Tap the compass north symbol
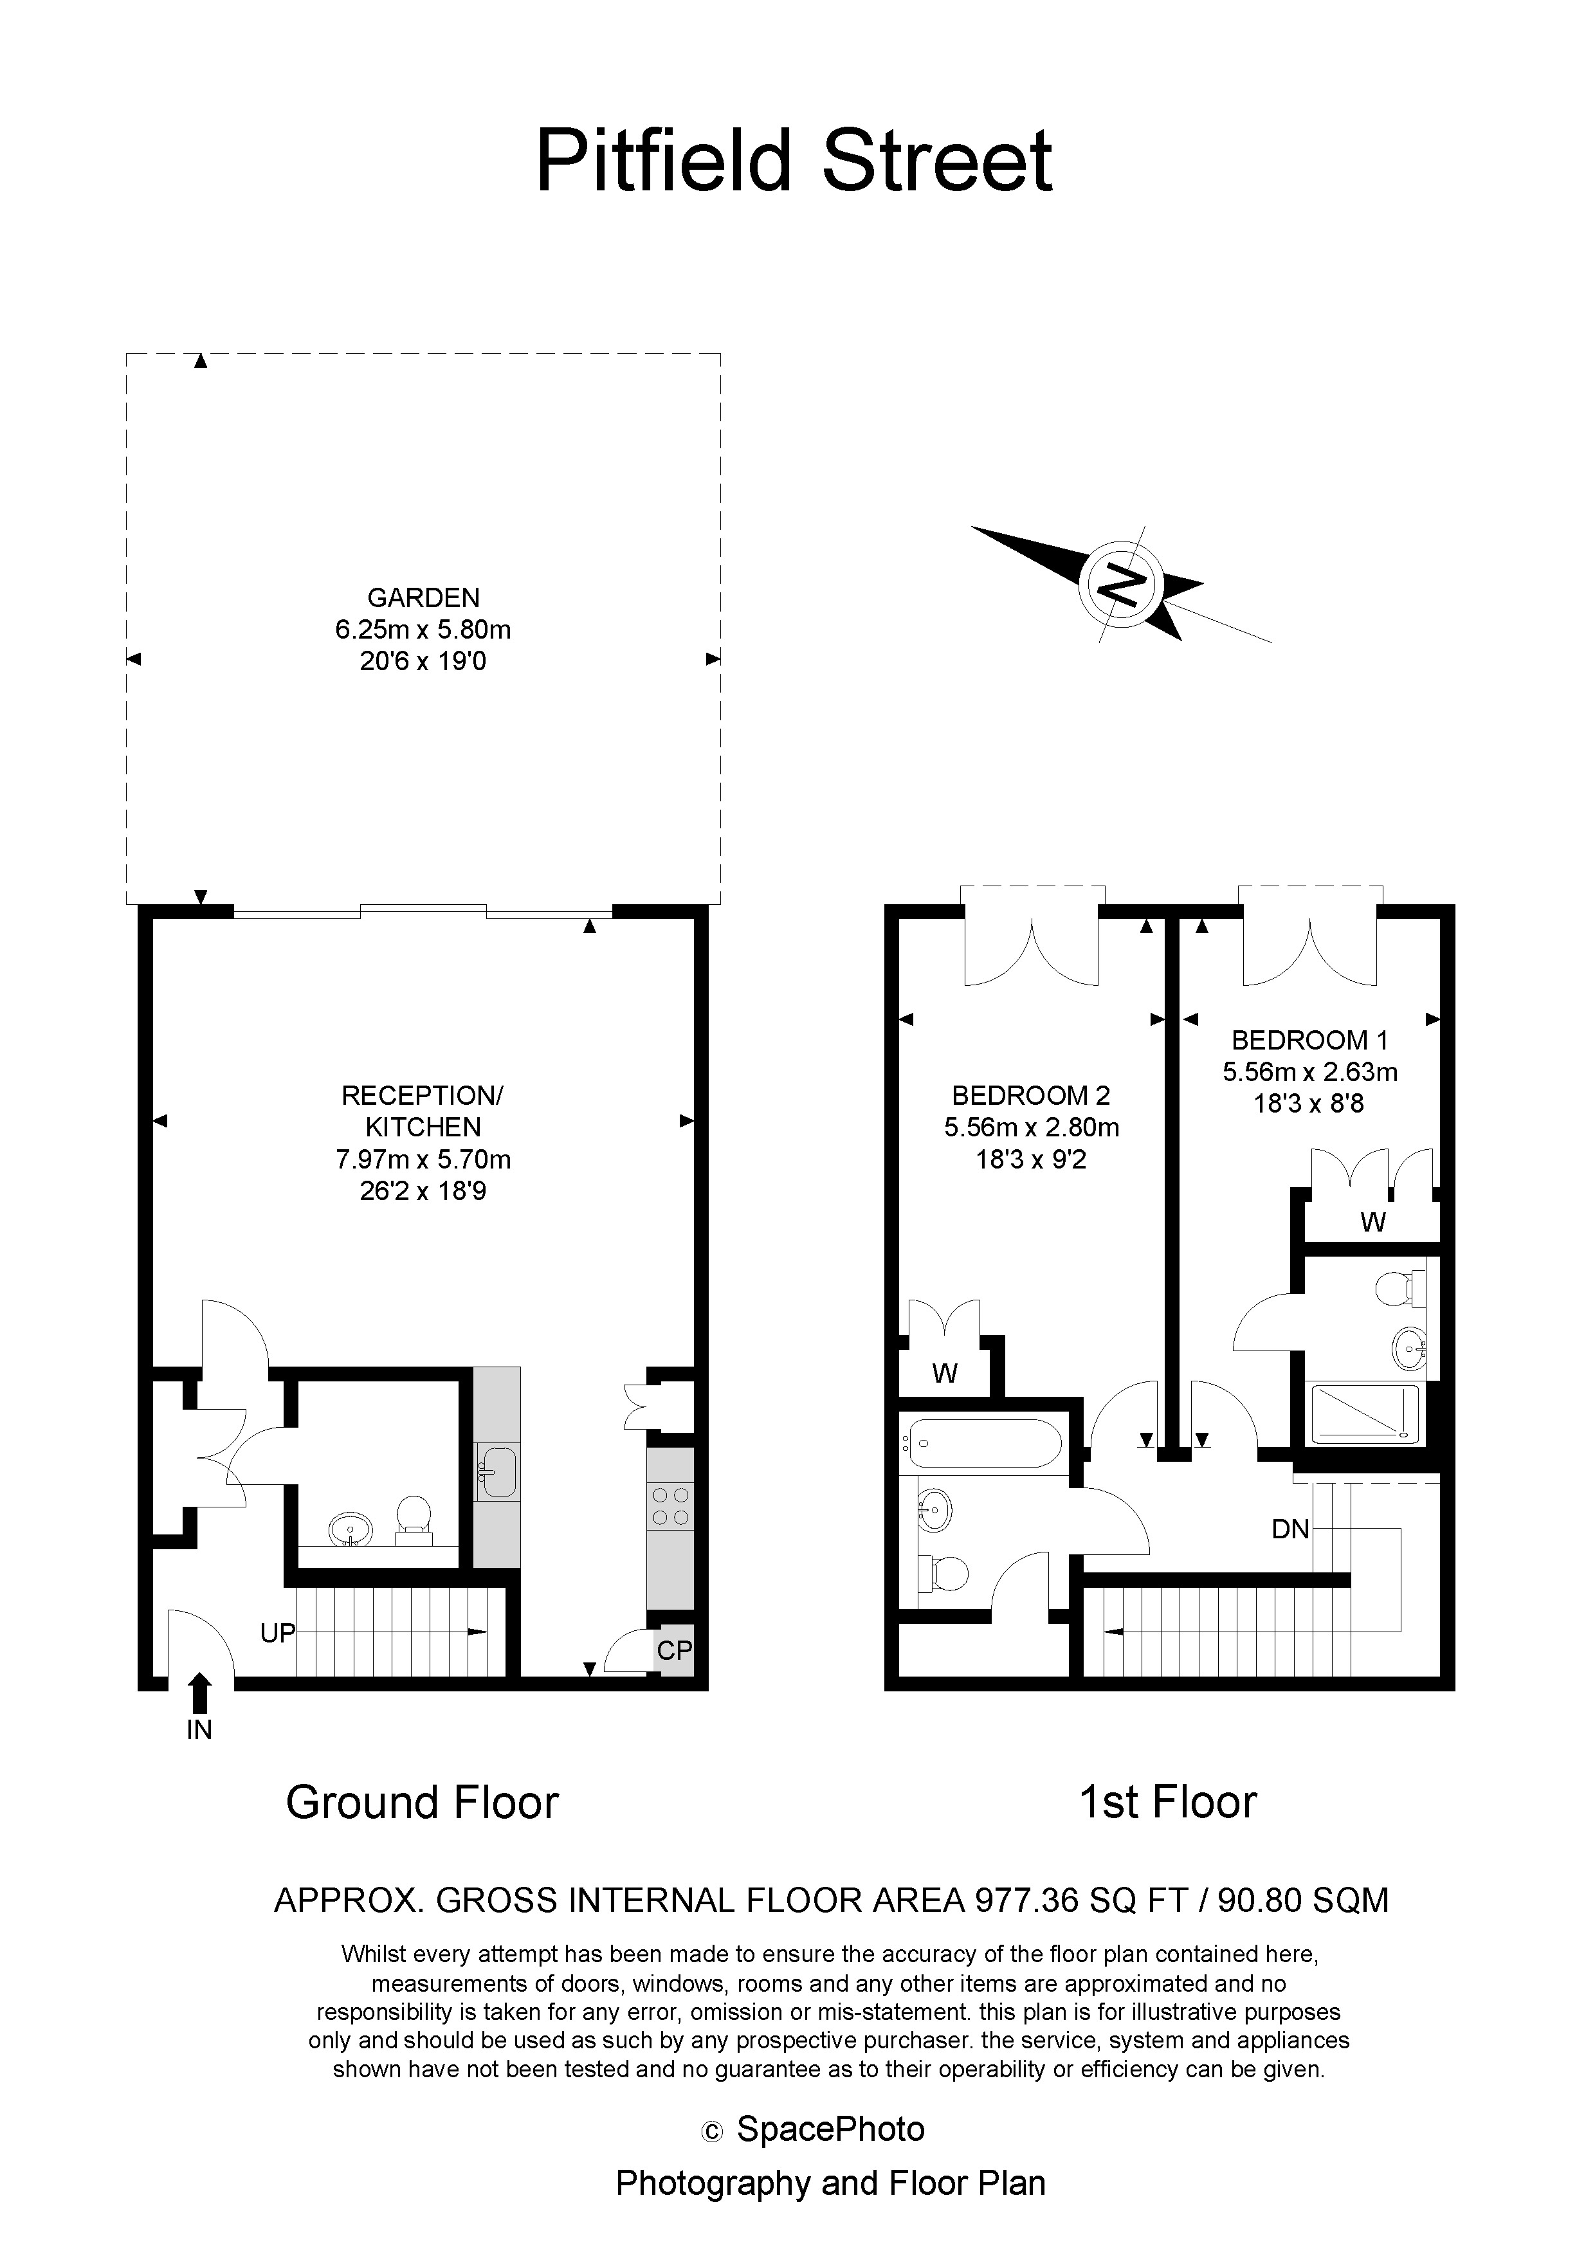pyautogui.click(x=1121, y=586)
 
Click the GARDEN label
pyautogui.click(x=424, y=597)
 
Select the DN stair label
pyautogui.click(x=1290, y=1529)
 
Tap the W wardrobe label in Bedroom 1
pyautogui.click(x=1373, y=1223)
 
